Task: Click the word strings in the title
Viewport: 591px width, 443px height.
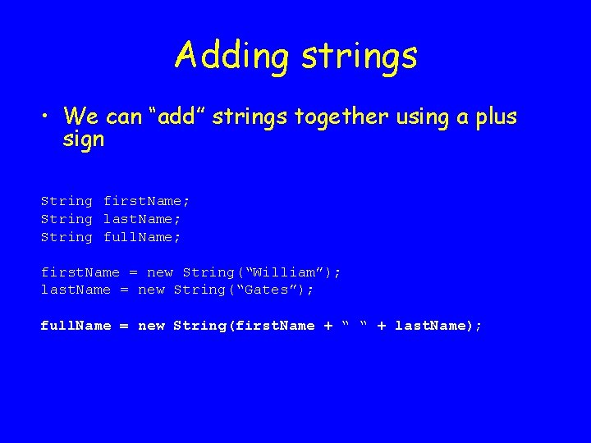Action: [360, 57]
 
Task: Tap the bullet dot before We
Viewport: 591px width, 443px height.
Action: [46, 117]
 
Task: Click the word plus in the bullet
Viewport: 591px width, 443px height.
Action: [496, 117]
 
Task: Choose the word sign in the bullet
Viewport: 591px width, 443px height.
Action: [84, 139]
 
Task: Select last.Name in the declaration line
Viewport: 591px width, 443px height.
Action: [141, 219]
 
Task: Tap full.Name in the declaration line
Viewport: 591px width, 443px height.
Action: [141, 237]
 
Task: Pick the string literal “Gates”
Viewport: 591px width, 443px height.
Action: [266, 290]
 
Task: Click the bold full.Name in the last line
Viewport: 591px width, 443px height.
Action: [76, 326]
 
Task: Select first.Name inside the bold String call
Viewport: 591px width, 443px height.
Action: [275, 326]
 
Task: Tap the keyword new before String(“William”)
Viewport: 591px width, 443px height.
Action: [160, 272]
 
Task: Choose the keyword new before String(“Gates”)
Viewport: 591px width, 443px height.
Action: [151, 290]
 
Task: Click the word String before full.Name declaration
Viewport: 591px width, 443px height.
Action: [66, 237]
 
